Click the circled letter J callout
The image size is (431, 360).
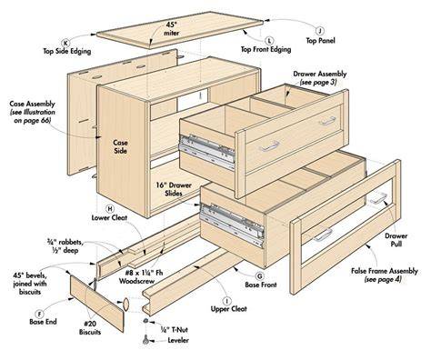click(x=319, y=31)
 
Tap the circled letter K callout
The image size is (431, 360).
click(x=65, y=43)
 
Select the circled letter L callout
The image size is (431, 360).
click(x=269, y=41)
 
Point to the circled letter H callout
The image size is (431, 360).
click(x=110, y=209)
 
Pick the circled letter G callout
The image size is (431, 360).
click(x=260, y=275)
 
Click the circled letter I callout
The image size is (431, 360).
click(x=226, y=301)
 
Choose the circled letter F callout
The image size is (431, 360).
click(x=39, y=314)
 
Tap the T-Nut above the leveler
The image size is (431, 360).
click(x=146, y=321)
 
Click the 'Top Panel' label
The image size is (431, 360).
click(x=320, y=41)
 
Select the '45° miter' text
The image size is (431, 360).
click(x=172, y=29)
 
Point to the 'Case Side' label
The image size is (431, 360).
click(x=120, y=146)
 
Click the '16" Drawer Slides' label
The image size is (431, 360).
click(x=174, y=189)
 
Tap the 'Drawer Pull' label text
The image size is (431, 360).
click(x=396, y=240)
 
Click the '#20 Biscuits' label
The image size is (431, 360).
click(x=90, y=327)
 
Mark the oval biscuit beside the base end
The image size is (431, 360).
click(x=125, y=305)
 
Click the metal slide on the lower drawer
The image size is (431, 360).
click(x=232, y=224)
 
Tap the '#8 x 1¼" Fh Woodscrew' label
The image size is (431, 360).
click(x=141, y=276)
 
